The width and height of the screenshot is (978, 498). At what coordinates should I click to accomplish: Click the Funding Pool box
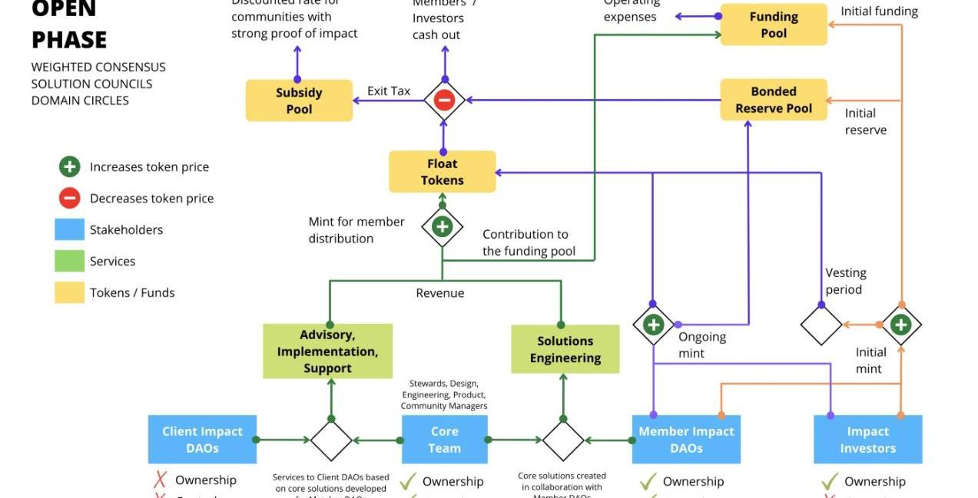[x=773, y=25]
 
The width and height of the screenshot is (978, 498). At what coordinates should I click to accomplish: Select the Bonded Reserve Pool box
[x=773, y=100]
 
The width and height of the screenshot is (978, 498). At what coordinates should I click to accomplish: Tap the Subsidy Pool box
[x=299, y=101]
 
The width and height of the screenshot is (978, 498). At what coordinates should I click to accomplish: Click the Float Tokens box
[x=442, y=172]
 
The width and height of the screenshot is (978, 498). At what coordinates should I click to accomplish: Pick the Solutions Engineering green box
[x=565, y=349]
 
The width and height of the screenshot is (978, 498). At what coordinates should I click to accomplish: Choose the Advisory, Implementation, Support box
[x=327, y=351]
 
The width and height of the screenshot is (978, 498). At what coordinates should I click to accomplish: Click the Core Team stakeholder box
[x=444, y=440]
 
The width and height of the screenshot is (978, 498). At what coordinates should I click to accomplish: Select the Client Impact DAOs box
[x=202, y=440]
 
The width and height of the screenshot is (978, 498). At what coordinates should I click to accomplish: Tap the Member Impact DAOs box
[x=686, y=440]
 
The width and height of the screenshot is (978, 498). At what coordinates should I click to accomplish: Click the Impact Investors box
[x=867, y=440]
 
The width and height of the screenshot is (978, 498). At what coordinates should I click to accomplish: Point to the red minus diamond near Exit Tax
[x=444, y=100]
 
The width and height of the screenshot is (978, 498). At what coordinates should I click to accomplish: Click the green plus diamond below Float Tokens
[x=442, y=226]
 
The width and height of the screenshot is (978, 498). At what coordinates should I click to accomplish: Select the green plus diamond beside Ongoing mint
[x=653, y=325]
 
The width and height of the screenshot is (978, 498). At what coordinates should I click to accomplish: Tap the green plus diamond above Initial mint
[x=900, y=325]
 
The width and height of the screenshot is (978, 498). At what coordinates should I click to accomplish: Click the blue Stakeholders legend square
[x=69, y=229]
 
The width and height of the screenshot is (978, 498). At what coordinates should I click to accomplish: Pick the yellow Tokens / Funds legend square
[x=69, y=292]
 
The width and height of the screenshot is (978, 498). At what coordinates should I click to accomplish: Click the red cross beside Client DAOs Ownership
[x=161, y=480]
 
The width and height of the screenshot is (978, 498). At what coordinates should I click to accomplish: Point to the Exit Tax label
[x=389, y=91]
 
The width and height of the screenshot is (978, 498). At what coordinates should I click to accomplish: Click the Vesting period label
[x=846, y=281]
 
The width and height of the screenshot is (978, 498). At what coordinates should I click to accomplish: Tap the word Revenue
[x=439, y=292]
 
